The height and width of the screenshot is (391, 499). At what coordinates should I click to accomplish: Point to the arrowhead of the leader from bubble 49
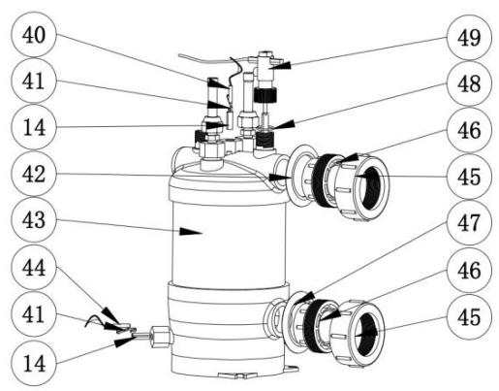[275, 68]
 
